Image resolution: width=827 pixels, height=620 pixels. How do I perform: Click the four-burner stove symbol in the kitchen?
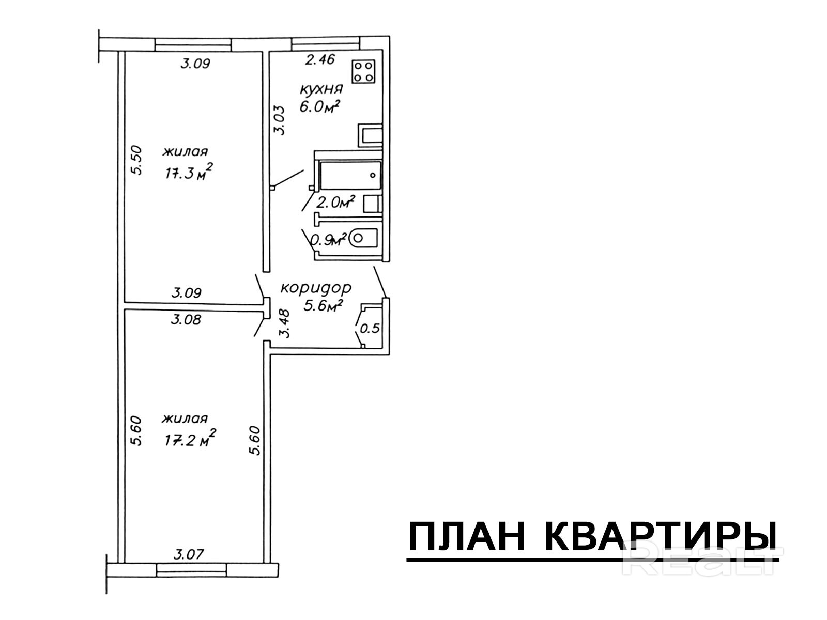(x=363, y=71)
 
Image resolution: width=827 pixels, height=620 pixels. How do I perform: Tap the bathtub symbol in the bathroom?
(x=350, y=176)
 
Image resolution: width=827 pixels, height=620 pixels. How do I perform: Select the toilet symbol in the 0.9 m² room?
(x=363, y=238)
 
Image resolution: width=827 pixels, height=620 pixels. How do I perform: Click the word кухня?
(x=321, y=89)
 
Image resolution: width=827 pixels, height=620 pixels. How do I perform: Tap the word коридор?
(x=316, y=288)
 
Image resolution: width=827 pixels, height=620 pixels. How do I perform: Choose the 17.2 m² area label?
(x=190, y=439)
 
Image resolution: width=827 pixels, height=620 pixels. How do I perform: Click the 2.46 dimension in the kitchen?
(x=319, y=59)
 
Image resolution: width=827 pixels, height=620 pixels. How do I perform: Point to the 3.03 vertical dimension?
(x=280, y=120)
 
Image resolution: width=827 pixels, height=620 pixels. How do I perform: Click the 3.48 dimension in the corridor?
(x=284, y=323)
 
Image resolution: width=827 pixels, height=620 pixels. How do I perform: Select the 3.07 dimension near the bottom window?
(x=188, y=554)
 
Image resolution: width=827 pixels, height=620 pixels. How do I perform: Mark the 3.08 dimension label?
(x=186, y=320)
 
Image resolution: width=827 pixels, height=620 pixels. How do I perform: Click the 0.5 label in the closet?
(x=370, y=329)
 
